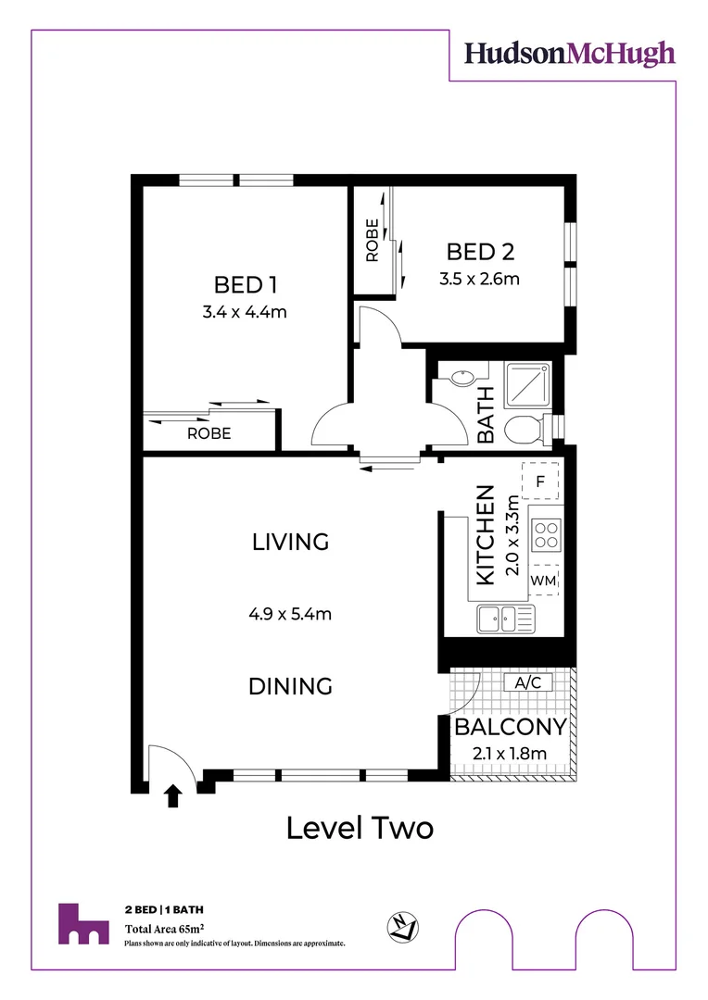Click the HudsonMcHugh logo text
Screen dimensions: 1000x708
569,54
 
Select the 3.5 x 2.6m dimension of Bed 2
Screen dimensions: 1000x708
480,277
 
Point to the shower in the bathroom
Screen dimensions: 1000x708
527,384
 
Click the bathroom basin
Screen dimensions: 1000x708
460,377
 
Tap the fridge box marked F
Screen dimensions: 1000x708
540,481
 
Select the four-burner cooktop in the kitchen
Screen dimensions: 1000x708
546,533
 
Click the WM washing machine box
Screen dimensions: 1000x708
543,580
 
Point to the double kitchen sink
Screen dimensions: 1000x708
505,619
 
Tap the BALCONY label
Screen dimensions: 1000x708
510,727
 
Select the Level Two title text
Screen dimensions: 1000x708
360,827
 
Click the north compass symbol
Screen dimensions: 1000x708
403,926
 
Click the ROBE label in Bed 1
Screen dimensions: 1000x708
209,433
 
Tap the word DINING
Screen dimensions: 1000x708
290,686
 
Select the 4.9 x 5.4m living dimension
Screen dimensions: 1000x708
290,613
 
